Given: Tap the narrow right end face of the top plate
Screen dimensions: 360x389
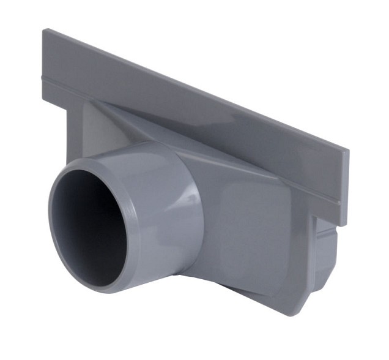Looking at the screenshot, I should pyautogui.click(x=344, y=184).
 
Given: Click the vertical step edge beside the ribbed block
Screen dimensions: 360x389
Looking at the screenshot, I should pyautogui.click(x=314, y=245).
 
